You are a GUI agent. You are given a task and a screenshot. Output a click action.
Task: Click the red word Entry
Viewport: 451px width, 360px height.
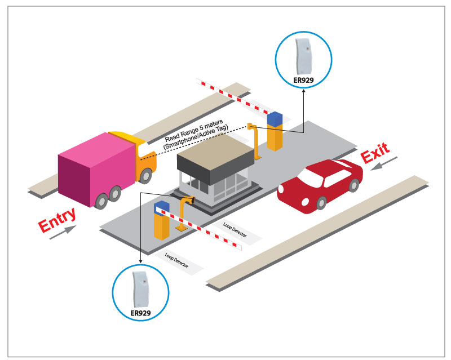click(x=56, y=220)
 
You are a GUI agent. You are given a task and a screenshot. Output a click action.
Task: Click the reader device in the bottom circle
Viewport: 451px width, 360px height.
click(x=139, y=287)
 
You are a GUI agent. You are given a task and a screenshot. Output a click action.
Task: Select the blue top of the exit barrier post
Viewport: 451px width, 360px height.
click(x=275, y=119)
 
